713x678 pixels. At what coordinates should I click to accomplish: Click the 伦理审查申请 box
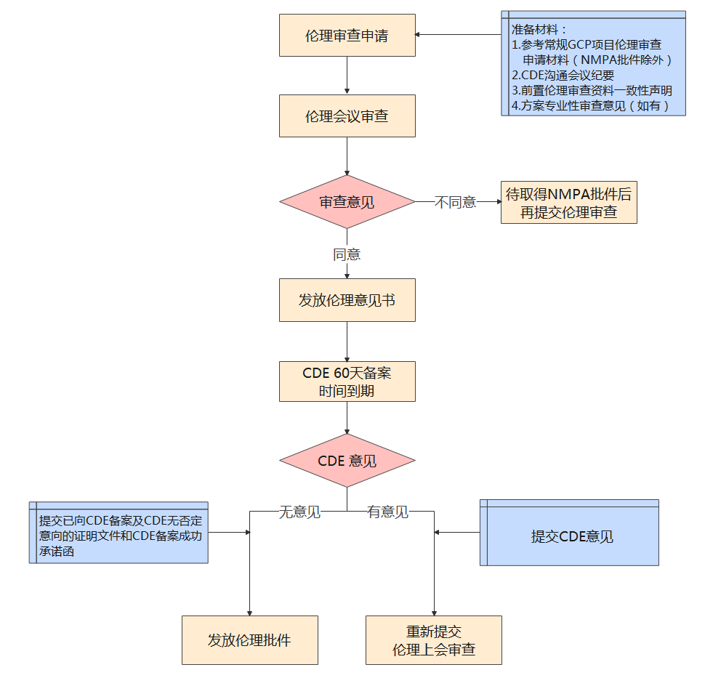pyautogui.click(x=347, y=36)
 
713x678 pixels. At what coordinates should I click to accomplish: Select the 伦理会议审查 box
pyautogui.click(x=347, y=116)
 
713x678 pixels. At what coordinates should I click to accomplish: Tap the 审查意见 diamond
pyautogui.click(x=347, y=202)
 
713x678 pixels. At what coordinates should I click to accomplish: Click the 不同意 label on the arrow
pyautogui.click(x=455, y=203)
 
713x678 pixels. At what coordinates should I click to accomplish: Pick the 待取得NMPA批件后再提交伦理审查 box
pyautogui.click(x=568, y=203)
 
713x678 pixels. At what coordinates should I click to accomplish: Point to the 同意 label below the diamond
pyautogui.click(x=347, y=254)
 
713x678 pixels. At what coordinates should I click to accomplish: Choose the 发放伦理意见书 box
pyautogui.click(x=347, y=300)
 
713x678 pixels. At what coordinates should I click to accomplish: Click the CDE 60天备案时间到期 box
pyautogui.click(x=347, y=382)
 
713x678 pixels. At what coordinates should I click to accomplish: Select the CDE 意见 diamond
pyautogui.click(x=347, y=461)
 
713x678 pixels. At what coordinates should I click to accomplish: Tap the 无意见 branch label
pyautogui.click(x=299, y=512)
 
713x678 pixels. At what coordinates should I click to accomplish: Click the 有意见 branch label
pyautogui.click(x=387, y=512)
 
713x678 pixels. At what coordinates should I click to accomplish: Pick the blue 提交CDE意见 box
pyautogui.click(x=572, y=536)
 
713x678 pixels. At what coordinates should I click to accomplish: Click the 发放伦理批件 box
pyautogui.click(x=249, y=640)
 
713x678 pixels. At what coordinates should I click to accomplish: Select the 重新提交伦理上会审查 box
pyautogui.click(x=433, y=640)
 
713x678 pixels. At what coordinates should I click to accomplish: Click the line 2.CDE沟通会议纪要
pyautogui.click(x=563, y=75)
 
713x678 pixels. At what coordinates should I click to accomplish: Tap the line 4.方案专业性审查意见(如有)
pyautogui.click(x=589, y=105)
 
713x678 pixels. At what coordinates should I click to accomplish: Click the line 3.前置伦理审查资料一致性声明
pyautogui.click(x=592, y=90)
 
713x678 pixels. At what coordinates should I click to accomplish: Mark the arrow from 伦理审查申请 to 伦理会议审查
pyautogui.click(x=347, y=76)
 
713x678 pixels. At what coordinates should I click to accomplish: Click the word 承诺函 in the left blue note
pyautogui.click(x=57, y=552)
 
